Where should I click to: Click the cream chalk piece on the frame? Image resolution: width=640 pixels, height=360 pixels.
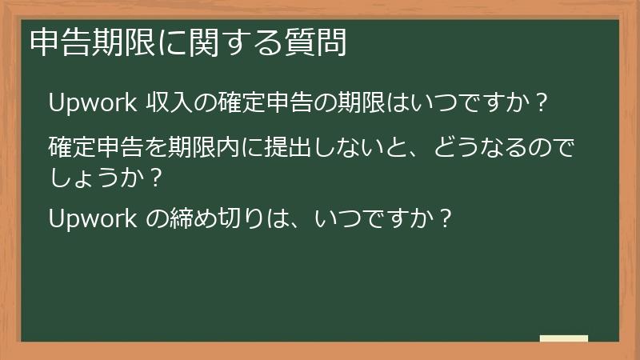pos(563,338)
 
